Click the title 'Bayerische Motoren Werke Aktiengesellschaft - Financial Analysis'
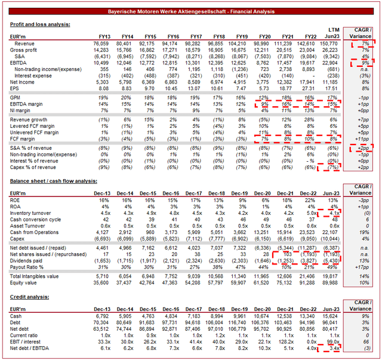tap(191, 12)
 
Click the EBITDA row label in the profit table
tap(21, 63)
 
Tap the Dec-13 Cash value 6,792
tap(101, 316)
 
